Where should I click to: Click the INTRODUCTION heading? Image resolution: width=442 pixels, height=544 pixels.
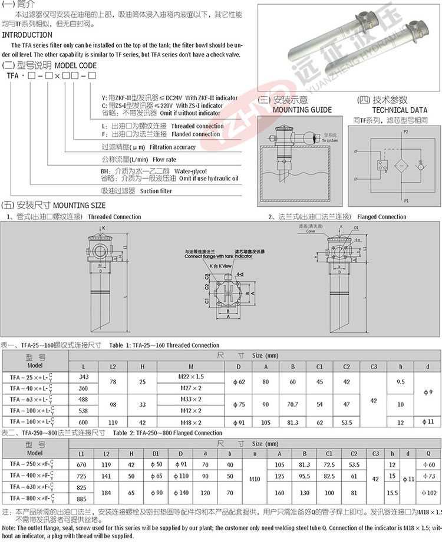coord(27,35)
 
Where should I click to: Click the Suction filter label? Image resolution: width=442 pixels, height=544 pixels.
coord(159,191)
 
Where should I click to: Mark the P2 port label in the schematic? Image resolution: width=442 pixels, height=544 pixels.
coord(405,133)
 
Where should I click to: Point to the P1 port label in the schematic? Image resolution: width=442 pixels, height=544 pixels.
coord(405,200)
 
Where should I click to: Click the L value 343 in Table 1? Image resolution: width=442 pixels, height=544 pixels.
coord(84,375)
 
